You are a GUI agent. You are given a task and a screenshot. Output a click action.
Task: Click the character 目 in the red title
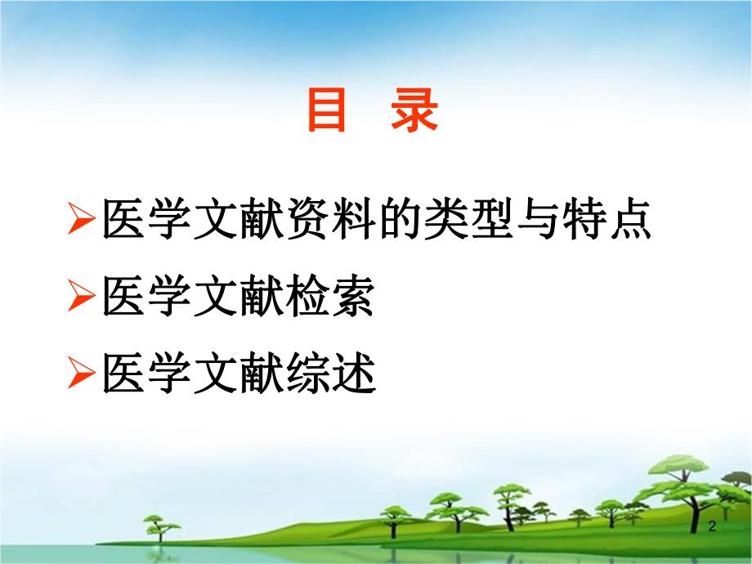click(328, 111)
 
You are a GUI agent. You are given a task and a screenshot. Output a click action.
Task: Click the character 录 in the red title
click(414, 111)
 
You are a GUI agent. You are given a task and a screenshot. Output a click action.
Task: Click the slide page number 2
click(712, 527)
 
